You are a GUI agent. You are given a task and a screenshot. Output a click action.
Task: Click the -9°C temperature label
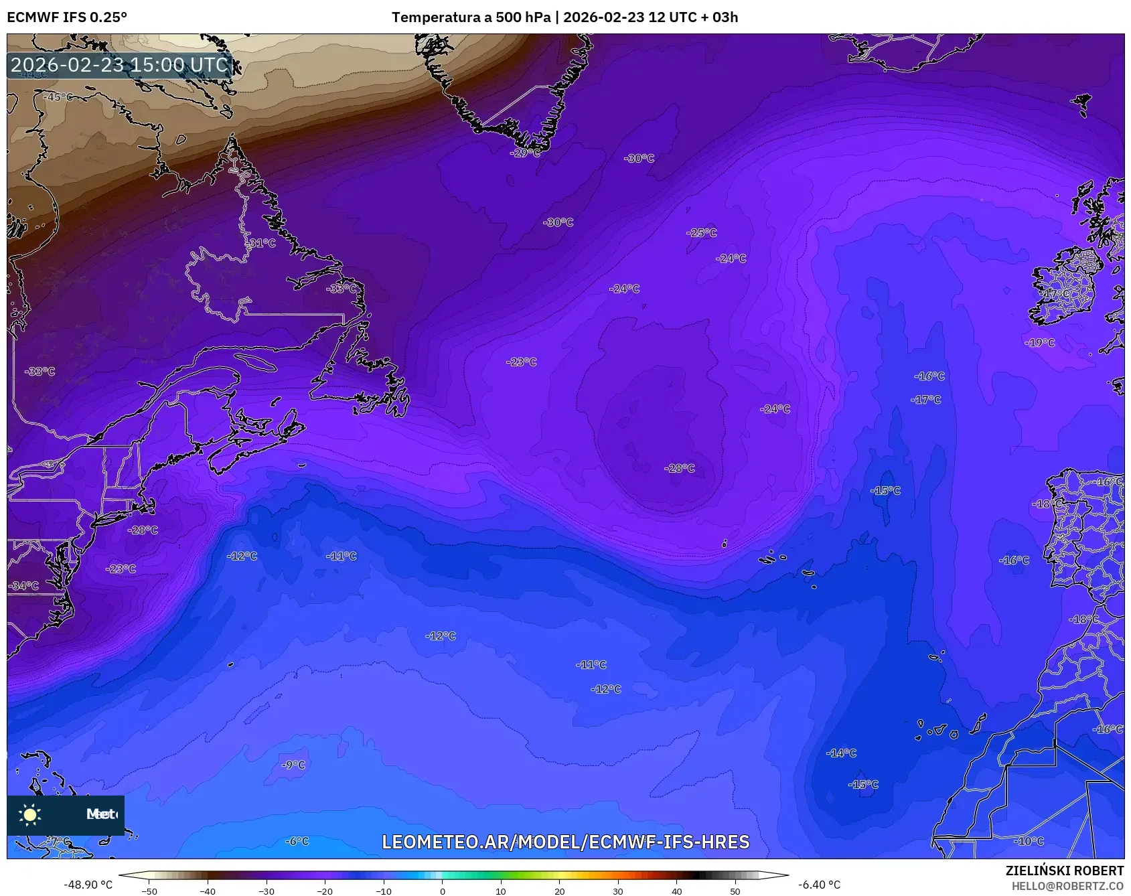pyautogui.click(x=293, y=765)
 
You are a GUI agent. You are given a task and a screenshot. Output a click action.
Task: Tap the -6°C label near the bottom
pyautogui.click(x=297, y=841)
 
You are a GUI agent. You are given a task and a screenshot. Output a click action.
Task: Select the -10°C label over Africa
pyautogui.click(x=1029, y=841)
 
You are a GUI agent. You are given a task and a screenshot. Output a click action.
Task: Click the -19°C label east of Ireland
pyautogui.click(x=1039, y=342)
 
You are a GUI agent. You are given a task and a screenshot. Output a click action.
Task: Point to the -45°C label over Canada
pyautogui.click(x=58, y=97)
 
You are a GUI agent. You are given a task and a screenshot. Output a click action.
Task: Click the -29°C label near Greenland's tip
pyautogui.click(x=525, y=153)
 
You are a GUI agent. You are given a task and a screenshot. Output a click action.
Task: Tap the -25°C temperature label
pyautogui.click(x=701, y=232)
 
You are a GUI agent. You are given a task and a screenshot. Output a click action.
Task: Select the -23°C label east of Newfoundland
pyautogui.click(x=521, y=362)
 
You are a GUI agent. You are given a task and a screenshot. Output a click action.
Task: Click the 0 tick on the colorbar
pyautogui.click(x=442, y=891)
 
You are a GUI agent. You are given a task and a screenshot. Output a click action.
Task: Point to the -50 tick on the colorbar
pyautogui.click(x=150, y=891)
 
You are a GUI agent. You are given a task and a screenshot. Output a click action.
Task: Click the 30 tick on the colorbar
pyautogui.click(x=617, y=891)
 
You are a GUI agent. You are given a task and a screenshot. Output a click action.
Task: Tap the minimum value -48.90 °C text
pyautogui.click(x=88, y=885)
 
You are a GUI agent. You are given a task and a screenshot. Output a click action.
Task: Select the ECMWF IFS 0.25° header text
pyautogui.click(x=67, y=17)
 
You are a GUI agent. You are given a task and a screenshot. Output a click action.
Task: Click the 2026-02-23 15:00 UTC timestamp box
pyautogui.click(x=119, y=65)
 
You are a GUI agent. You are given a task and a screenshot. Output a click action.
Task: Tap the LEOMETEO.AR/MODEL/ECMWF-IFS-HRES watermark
pyautogui.click(x=565, y=842)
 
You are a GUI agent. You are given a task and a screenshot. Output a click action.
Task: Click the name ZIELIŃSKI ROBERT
pyautogui.click(x=1064, y=871)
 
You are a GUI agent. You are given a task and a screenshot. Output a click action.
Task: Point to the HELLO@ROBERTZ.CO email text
pyautogui.click(x=1067, y=886)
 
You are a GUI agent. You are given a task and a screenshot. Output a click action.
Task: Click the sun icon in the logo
pyautogui.click(x=30, y=814)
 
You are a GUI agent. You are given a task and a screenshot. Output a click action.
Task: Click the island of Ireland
pyautogui.click(x=1065, y=288)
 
